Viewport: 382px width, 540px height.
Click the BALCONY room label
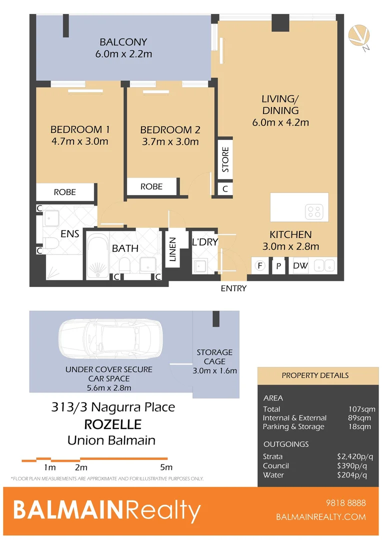click(x=123, y=42)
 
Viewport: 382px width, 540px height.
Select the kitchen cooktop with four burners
click(x=316, y=212)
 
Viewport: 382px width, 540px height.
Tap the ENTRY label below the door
click(x=233, y=288)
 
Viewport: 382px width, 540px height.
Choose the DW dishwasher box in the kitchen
click(x=300, y=266)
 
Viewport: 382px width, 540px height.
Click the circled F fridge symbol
click(x=260, y=266)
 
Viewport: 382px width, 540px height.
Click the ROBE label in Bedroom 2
click(x=151, y=186)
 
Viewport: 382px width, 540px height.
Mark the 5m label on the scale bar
click(x=166, y=467)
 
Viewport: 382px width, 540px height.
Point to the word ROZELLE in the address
click(x=112, y=424)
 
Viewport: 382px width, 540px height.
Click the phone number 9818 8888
click(x=345, y=503)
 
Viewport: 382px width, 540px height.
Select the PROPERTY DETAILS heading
click(x=315, y=375)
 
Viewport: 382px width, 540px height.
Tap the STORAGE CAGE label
click(x=214, y=357)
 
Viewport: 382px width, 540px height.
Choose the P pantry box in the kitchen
click(x=278, y=266)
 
